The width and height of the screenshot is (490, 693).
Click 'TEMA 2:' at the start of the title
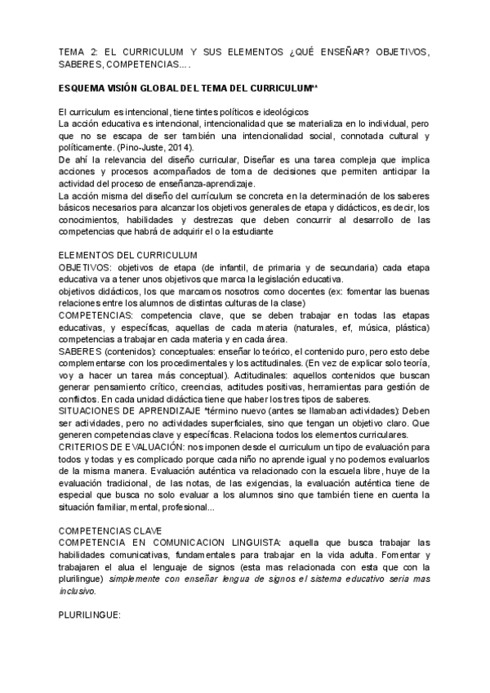coord(80,51)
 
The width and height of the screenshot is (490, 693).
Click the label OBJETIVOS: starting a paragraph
coord(86,268)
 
